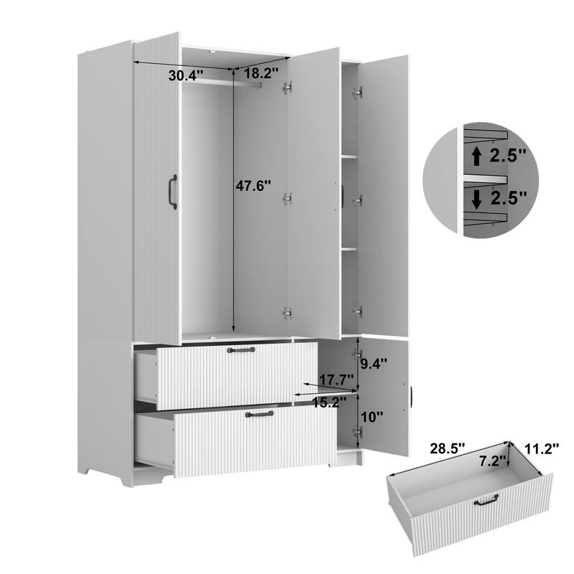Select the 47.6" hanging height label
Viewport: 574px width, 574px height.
tap(254, 186)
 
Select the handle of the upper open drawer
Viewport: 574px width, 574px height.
tap(240, 350)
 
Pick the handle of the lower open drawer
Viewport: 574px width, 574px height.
tap(259, 414)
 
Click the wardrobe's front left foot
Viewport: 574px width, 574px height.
tap(89, 475)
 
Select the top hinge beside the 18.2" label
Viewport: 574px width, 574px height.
tap(287, 88)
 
